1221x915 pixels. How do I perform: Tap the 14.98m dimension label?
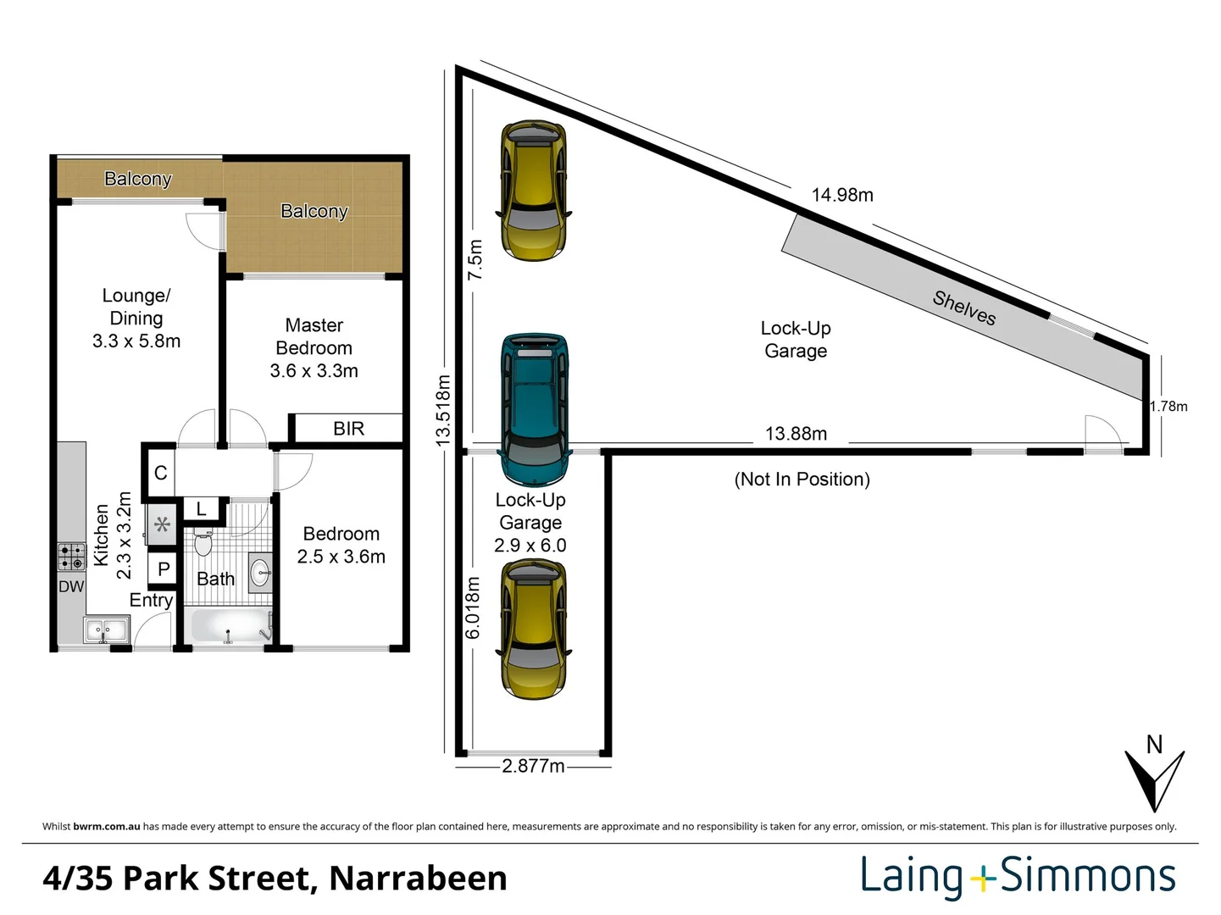[x=841, y=195]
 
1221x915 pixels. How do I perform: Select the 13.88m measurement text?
[x=796, y=434]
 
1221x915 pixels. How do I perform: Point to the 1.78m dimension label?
[x=1168, y=407]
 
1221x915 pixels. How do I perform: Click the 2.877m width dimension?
[x=533, y=766]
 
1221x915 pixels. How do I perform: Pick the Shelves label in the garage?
[x=964, y=308]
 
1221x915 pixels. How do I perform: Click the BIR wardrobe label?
[x=348, y=429]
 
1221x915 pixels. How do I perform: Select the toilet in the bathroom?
[x=203, y=541]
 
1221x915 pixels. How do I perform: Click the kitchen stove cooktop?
[x=72, y=557]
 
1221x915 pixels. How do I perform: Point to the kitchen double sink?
[x=106, y=630]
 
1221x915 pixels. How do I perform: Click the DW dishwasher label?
[x=71, y=586]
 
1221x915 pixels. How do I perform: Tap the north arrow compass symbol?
[x=1153, y=775]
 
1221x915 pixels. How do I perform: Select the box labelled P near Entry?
[x=164, y=569]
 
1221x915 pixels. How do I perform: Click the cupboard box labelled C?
[x=160, y=473]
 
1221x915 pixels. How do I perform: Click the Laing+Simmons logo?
[x=1018, y=877]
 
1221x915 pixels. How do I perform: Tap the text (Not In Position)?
[x=802, y=480]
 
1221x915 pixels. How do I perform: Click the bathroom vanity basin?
[x=260, y=572]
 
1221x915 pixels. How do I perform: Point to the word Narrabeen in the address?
[x=418, y=879]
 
